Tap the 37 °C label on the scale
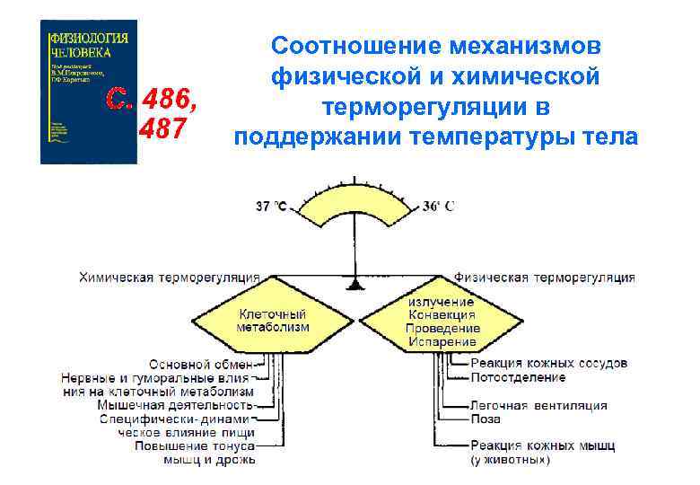pos(271,207)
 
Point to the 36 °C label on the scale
pos(438,207)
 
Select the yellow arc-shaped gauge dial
pos(356,206)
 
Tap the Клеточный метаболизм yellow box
pos(272,321)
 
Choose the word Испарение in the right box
pos(443,342)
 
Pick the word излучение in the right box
pos(442,303)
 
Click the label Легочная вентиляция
pos(538,405)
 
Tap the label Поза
pos(486,419)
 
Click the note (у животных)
pos(510,461)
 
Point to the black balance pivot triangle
pos(356,285)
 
